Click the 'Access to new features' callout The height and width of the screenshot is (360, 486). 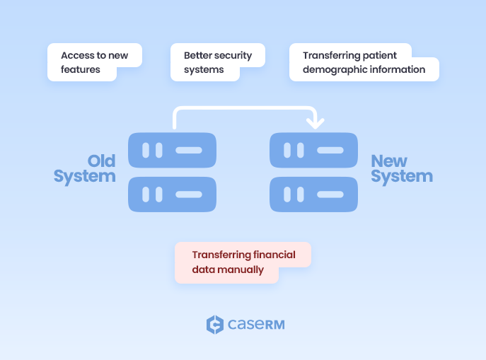tap(94, 62)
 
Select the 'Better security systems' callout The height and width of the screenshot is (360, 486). tap(217, 62)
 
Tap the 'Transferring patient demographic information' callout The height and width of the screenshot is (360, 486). tap(364, 62)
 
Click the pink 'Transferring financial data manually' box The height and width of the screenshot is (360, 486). tap(242, 262)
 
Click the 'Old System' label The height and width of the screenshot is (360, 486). tap(85, 168)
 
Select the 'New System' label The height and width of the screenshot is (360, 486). tap(401, 168)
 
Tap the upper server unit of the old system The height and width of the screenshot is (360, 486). tap(172, 150)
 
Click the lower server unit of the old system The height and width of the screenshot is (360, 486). tap(172, 194)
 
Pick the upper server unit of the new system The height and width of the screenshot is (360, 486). tap(313, 150)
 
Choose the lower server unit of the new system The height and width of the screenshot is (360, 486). tap(313, 194)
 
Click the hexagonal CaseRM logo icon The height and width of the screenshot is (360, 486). tap(214, 325)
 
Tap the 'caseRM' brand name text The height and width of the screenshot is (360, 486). tap(256, 325)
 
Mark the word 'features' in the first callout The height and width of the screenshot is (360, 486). tap(81, 70)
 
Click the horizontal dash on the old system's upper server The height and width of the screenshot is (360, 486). tap(188, 150)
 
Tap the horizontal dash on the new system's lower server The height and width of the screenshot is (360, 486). tap(330, 194)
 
